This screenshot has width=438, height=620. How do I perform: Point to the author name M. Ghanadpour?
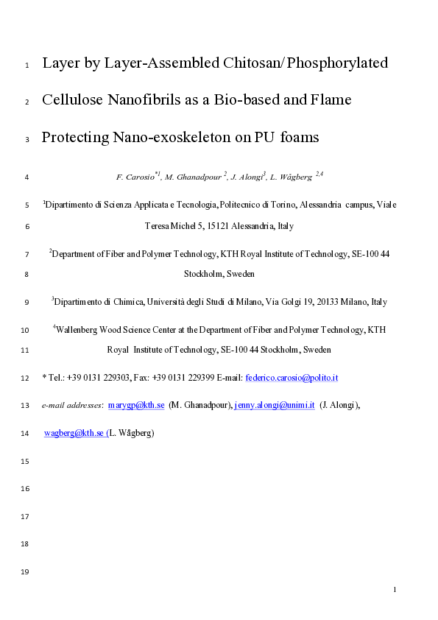pyautogui.click(x=194, y=177)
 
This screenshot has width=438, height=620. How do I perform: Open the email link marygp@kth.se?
pyautogui.click(x=141, y=405)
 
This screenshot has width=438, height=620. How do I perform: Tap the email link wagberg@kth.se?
pyautogui.click(x=74, y=434)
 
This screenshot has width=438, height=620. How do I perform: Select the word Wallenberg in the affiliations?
pyautogui.click(x=76, y=329)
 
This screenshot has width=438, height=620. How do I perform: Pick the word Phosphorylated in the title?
pyautogui.click(x=338, y=63)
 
